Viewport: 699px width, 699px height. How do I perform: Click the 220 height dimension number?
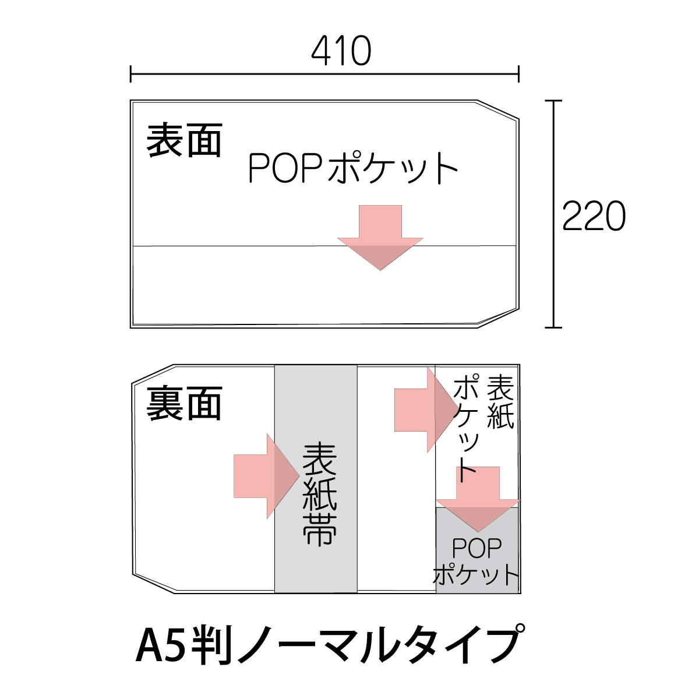coord(594,216)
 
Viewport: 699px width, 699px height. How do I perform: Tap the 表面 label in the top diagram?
coord(183,140)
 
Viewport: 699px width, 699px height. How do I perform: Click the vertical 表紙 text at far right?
coord(500,402)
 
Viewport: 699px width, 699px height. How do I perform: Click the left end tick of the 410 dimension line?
coord(131,74)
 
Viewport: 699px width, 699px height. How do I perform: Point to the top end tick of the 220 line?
coord(553,101)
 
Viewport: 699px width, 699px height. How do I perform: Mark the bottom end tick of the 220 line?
coord(553,327)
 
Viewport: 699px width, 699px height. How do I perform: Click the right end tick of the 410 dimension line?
coord(518,74)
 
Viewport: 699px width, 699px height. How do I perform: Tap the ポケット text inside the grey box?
coord(476,574)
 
